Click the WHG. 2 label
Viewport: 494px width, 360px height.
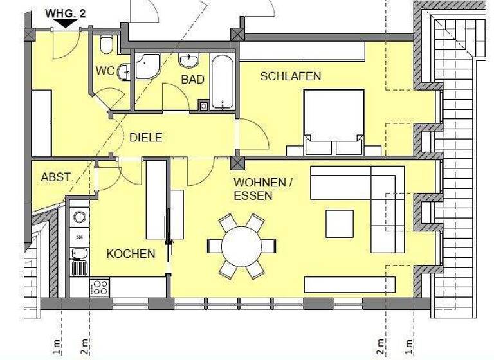[x=64, y=12]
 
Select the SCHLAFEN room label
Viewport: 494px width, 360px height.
[x=290, y=76]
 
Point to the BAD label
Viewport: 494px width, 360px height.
[x=192, y=80]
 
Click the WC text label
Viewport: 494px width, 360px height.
[x=105, y=71]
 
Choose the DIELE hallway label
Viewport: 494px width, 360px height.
[x=146, y=138]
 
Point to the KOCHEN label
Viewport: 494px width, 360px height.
[x=131, y=254]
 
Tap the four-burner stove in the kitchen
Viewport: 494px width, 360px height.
[x=100, y=287]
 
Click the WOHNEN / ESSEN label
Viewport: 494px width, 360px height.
[x=262, y=189]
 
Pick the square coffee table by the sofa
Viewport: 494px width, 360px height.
[x=339, y=223]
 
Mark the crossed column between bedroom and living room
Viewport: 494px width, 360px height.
[x=238, y=161]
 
